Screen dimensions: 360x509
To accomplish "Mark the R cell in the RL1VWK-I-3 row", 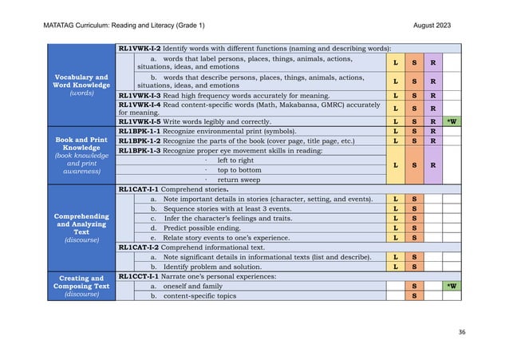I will click(x=432, y=96).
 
